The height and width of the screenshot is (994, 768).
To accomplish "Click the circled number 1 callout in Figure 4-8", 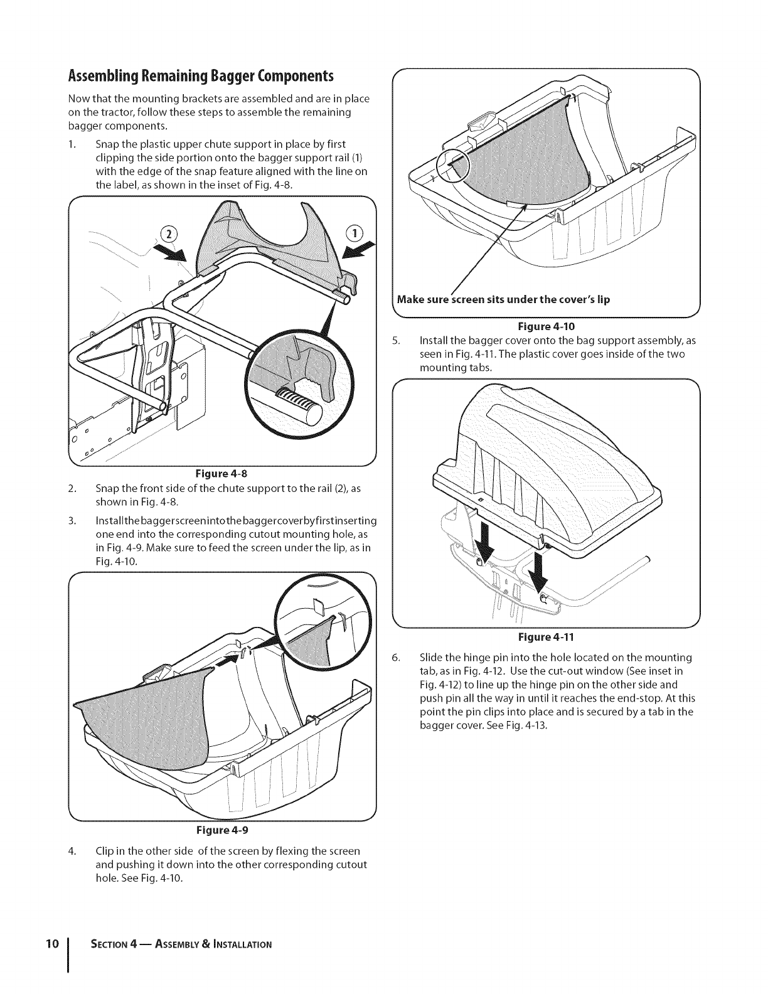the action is tap(355, 233).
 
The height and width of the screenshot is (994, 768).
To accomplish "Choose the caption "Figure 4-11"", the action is tap(545, 637).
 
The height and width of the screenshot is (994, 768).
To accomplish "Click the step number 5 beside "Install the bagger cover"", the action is tap(395, 341).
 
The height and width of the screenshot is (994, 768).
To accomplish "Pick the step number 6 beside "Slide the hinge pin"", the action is tap(395, 658).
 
